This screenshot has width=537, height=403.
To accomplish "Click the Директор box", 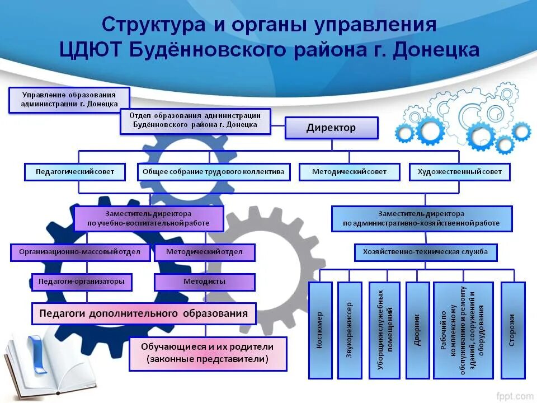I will [x=331, y=128].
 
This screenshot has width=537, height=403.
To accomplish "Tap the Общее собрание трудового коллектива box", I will [x=214, y=172].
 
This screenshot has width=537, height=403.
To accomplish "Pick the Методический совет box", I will [x=349, y=172].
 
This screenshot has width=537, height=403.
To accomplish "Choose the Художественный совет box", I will [x=460, y=172].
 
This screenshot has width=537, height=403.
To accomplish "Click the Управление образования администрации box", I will [x=69, y=99].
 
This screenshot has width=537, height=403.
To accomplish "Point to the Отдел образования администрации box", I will [x=195, y=121].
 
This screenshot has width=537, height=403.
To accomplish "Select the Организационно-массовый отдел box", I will [x=80, y=252].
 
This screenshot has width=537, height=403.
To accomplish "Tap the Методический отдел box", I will [x=204, y=252].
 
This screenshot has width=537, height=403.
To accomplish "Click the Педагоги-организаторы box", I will [x=82, y=282].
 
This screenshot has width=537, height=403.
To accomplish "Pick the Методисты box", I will [x=204, y=282].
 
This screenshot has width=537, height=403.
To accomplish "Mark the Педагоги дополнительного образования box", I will [x=144, y=313].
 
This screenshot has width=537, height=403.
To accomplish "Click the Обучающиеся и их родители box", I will [x=208, y=353].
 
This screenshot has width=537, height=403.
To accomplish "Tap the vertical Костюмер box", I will [x=320, y=330].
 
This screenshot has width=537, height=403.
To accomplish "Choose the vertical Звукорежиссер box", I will [x=350, y=330].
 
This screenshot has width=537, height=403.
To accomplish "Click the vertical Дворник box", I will [x=417, y=330].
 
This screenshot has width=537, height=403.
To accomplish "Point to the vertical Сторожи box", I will [x=512, y=330].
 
